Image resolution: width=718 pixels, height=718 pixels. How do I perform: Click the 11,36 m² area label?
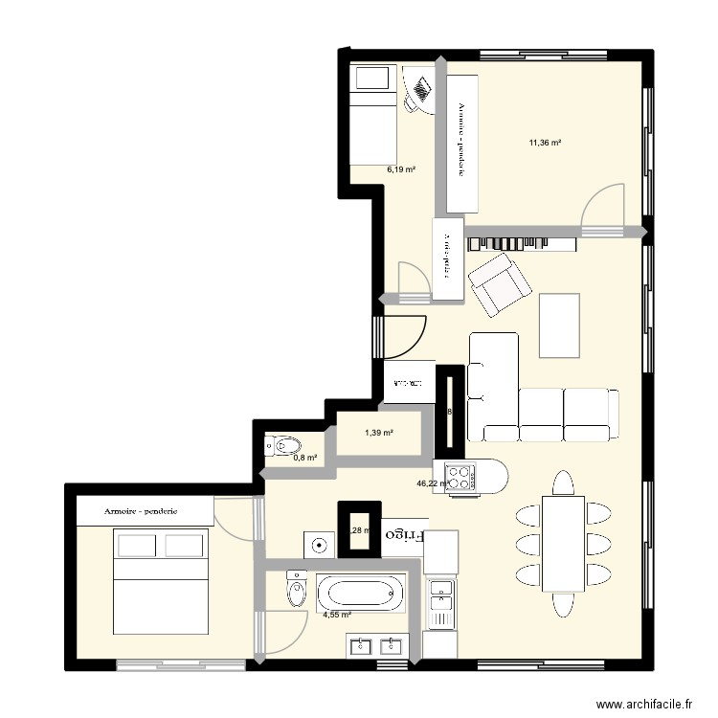[x=545, y=144]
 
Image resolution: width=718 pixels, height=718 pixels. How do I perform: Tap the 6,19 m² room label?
[x=401, y=169]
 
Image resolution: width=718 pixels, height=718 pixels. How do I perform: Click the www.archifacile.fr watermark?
[x=643, y=704]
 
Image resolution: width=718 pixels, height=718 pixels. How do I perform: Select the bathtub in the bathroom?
[x=362, y=594]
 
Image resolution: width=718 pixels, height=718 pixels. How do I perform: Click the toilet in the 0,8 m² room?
[x=285, y=444]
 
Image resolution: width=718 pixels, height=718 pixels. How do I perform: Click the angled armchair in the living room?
[x=499, y=284]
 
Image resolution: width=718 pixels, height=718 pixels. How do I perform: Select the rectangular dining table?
[x=562, y=544]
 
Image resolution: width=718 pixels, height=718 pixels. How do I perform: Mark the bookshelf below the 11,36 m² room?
[x=522, y=243]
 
